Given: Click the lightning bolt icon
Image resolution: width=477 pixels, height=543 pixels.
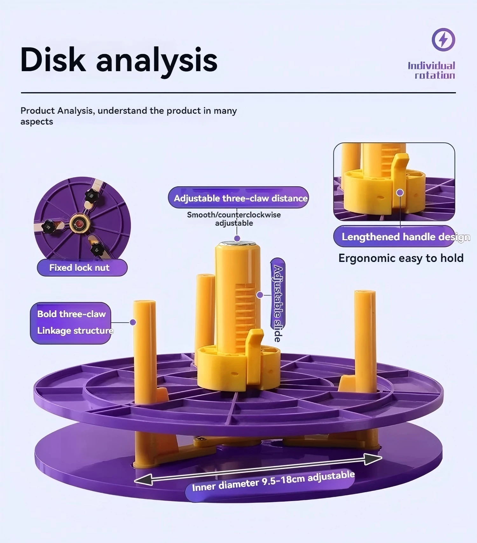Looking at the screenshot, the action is click(443, 40).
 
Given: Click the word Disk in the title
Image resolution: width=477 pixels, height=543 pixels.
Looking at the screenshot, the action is click(53, 59).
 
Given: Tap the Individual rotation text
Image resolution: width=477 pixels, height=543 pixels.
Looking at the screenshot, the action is click(432, 70).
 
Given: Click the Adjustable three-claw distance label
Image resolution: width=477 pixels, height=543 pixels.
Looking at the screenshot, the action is click(238, 198).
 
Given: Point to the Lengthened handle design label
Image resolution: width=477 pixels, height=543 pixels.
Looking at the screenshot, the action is click(394, 237).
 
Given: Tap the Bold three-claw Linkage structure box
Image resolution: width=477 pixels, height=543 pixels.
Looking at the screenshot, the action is click(71, 323).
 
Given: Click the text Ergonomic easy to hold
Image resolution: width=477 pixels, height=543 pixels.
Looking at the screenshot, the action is click(401, 258).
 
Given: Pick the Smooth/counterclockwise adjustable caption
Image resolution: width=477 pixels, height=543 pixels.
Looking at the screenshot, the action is click(234, 219).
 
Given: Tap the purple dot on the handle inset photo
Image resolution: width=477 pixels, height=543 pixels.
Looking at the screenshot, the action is click(400, 192).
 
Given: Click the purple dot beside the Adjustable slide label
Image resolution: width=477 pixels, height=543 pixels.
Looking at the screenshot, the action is click(260, 295).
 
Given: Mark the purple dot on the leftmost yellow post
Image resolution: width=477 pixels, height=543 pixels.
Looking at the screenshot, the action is click(133, 322).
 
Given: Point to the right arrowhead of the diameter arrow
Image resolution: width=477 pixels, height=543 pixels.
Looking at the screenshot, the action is click(373, 458).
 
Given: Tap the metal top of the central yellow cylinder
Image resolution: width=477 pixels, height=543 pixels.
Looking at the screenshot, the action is click(238, 244).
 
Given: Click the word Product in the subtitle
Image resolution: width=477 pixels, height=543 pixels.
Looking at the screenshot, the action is click(38, 111).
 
